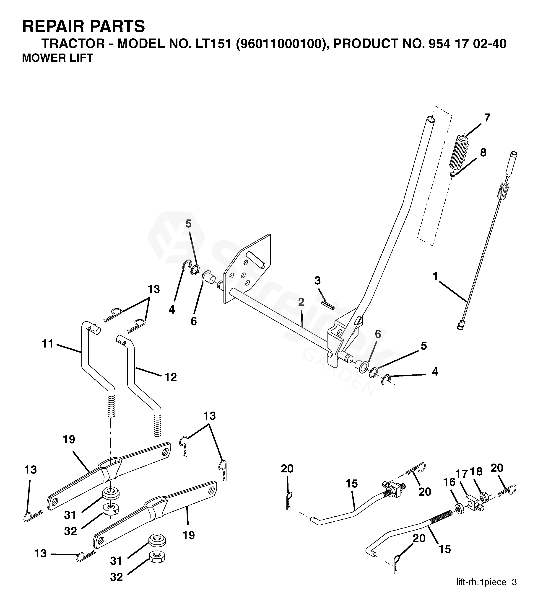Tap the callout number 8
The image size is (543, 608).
click(483, 152)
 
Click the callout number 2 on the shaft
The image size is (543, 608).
click(301, 302)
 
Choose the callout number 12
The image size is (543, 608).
click(171, 377)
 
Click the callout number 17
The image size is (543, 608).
click(462, 474)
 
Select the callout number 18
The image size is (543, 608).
click(476, 472)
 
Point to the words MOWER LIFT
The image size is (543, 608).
click(57, 58)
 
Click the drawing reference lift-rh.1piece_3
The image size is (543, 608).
click(486, 582)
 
